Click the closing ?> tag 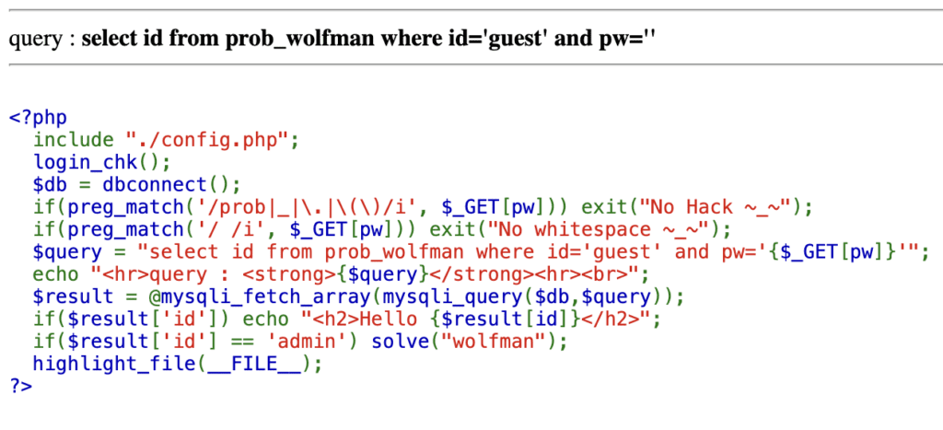(20, 385)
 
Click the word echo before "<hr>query (55, 273)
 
